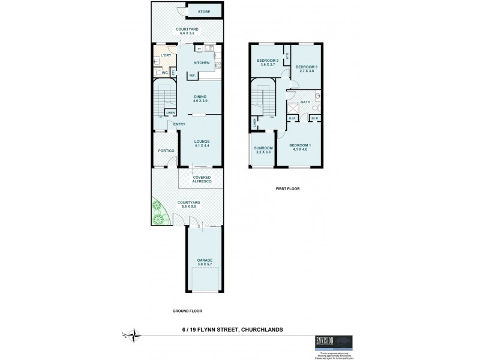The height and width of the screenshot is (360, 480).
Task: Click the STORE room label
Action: point(203,11)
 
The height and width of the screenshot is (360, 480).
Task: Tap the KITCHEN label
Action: point(202,63)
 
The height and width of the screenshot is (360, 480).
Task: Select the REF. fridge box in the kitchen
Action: point(193,75)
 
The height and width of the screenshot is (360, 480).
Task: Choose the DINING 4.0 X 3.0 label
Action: point(200,99)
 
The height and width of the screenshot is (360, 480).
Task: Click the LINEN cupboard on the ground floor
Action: point(170,112)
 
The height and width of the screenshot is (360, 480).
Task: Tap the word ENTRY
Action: point(179,124)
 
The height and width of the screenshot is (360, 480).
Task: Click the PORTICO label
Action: point(166,151)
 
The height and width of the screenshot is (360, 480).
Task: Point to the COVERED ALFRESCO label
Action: point(201,179)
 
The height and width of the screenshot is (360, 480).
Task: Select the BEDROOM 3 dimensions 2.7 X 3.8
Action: point(307,71)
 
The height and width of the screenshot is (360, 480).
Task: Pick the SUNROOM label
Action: point(262,149)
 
